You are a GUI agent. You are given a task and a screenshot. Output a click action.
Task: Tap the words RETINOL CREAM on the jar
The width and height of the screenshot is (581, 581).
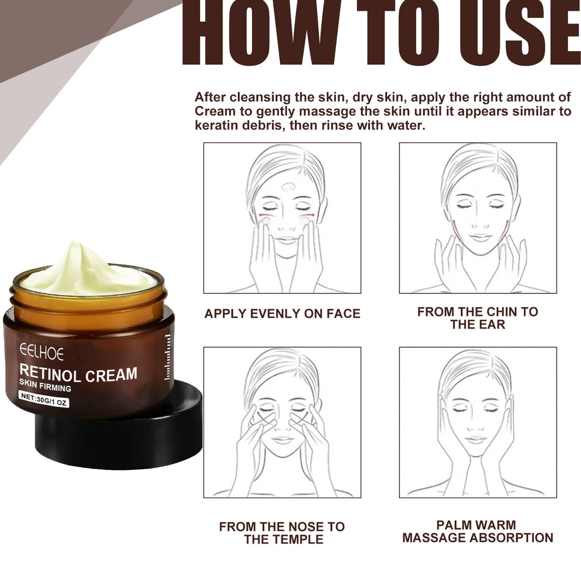pos(78,374)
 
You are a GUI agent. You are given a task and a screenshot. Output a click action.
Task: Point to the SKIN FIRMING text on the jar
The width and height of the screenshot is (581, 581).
pos(45,388)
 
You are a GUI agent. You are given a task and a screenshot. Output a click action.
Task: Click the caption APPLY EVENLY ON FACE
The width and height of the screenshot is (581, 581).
pos(282,314)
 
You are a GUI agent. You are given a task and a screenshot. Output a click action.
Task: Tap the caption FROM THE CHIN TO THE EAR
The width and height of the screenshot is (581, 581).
pos(478,318)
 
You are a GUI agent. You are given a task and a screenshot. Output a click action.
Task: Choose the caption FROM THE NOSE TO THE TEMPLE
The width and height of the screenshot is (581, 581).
pos(282,533)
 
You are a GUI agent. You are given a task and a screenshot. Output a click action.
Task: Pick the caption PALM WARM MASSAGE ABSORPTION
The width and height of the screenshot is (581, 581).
pos(478,532)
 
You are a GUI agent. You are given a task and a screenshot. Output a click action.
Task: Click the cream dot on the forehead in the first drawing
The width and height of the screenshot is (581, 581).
pos(288,185)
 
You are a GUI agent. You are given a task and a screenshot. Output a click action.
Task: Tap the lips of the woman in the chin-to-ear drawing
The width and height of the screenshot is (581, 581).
pos(480,237)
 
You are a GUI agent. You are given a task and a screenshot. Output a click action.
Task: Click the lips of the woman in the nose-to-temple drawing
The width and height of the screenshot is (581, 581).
pos(283,440)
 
